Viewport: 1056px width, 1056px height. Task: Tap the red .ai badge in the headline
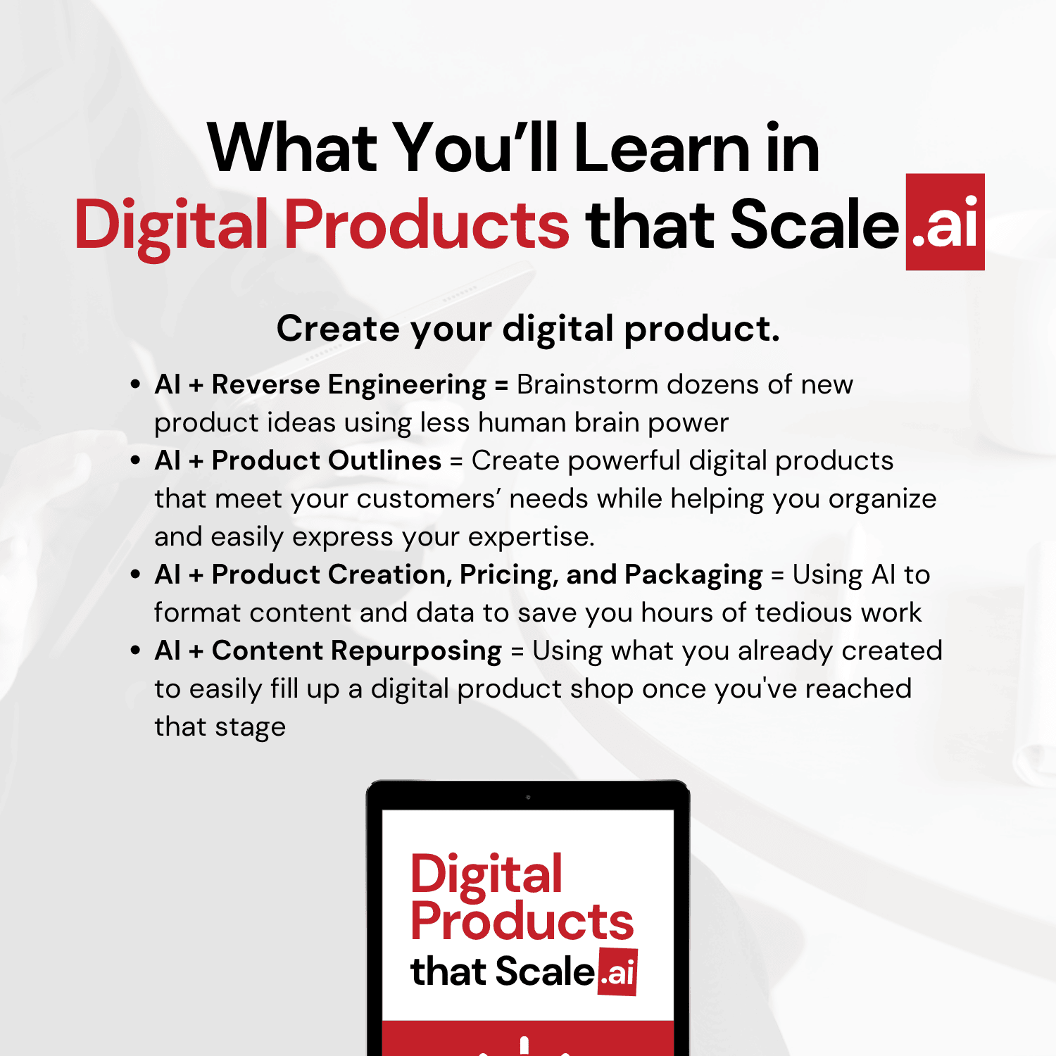[945, 222]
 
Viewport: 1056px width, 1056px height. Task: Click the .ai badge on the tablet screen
[617, 972]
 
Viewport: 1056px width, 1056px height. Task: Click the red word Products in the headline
[427, 225]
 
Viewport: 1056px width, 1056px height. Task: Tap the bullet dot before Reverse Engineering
[135, 384]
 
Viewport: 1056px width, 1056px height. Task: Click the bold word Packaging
[693, 575]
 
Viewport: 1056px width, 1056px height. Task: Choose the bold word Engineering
[407, 385]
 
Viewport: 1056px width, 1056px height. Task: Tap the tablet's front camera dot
[528, 797]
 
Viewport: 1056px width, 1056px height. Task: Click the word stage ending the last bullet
[251, 727]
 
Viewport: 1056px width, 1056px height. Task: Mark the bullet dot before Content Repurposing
[135, 650]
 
